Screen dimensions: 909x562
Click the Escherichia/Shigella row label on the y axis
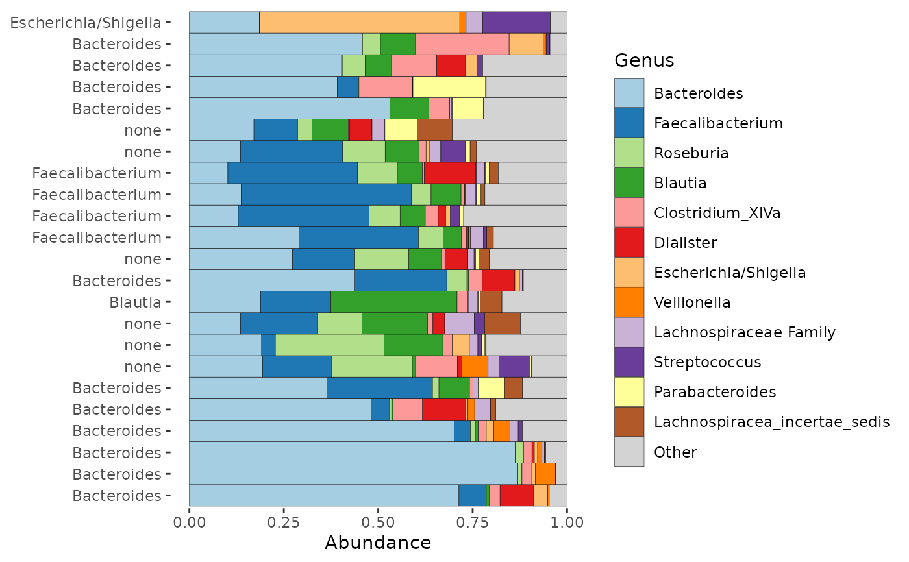[x=86, y=23]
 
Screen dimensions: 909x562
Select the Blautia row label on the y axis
[x=135, y=302]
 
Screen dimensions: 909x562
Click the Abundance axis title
[x=378, y=543]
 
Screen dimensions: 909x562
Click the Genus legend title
[x=644, y=60]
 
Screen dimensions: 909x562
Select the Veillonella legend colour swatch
[x=629, y=302]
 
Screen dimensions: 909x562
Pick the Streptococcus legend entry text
[x=707, y=362]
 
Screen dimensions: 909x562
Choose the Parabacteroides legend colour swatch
[x=629, y=392]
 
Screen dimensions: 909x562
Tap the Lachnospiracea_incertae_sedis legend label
[x=771, y=422]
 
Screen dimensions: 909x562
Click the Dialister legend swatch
[x=629, y=243]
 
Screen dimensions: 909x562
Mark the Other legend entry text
[x=675, y=452]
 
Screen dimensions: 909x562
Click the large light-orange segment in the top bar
[x=360, y=22]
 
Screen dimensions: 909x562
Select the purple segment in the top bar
[x=516, y=22]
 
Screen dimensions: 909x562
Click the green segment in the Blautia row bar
[x=393, y=302]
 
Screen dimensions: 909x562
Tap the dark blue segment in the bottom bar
[x=472, y=496]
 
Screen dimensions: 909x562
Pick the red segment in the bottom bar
[x=517, y=496]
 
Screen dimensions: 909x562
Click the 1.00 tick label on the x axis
[x=567, y=522]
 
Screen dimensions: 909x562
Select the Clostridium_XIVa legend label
[x=717, y=213]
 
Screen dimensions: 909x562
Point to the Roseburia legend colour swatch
[x=629, y=153]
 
